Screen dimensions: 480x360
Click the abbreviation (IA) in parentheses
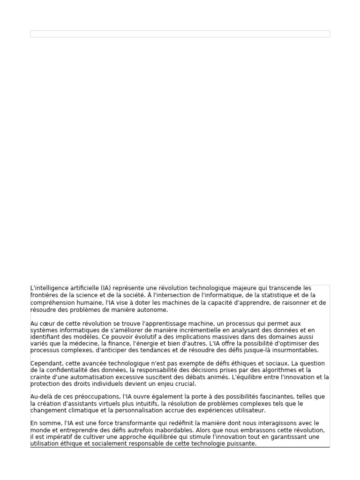(106, 288)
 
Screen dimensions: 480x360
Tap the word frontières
(45, 295)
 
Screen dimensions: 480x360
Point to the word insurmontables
(295, 350)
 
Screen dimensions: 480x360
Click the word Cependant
(45, 363)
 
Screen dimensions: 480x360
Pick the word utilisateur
(249, 411)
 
